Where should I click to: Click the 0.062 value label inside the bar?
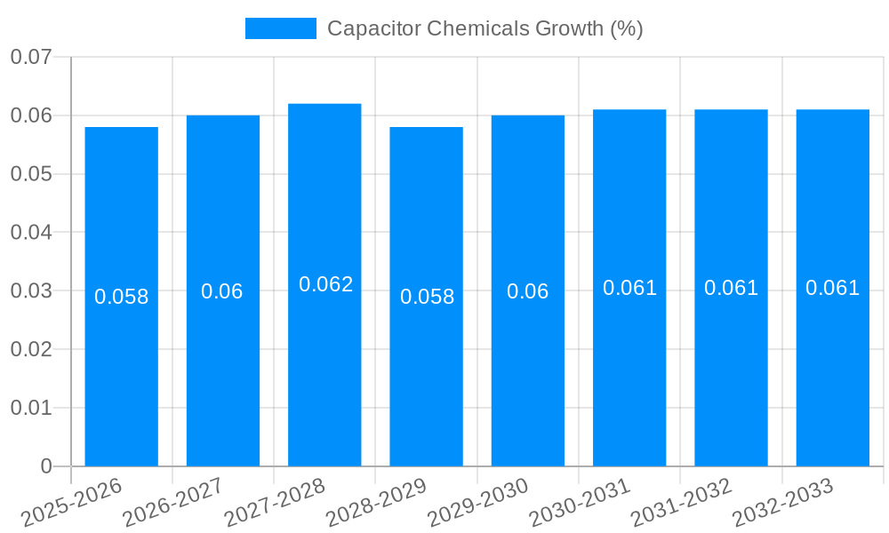pyautogui.click(x=325, y=284)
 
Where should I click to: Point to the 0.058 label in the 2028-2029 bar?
pyautogui.click(x=427, y=297)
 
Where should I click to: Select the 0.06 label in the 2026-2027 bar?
pyautogui.click(x=222, y=291)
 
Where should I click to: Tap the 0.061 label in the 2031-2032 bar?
pyautogui.click(x=731, y=288)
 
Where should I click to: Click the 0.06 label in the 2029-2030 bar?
pyautogui.click(x=528, y=291)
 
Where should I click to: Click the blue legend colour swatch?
pyautogui.click(x=280, y=28)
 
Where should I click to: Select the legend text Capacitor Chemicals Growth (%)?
pyautogui.click(x=485, y=28)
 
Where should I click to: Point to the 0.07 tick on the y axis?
pyautogui.click(x=30, y=58)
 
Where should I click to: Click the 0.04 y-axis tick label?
pyautogui.click(x=30, y=233)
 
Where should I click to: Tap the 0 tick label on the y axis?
pyautogui.click(x=46, y=466)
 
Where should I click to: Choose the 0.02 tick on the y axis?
pyautogui.click(x=30, y=349)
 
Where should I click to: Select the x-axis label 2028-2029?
pyautogui.click(x=377, y=503)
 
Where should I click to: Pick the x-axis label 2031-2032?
pyautogui.click(x=681, y=503)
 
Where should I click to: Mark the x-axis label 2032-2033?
pyautogui.click(x=782, y=503)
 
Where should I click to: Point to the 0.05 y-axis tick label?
pyautogui.click(x=30, y=174)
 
